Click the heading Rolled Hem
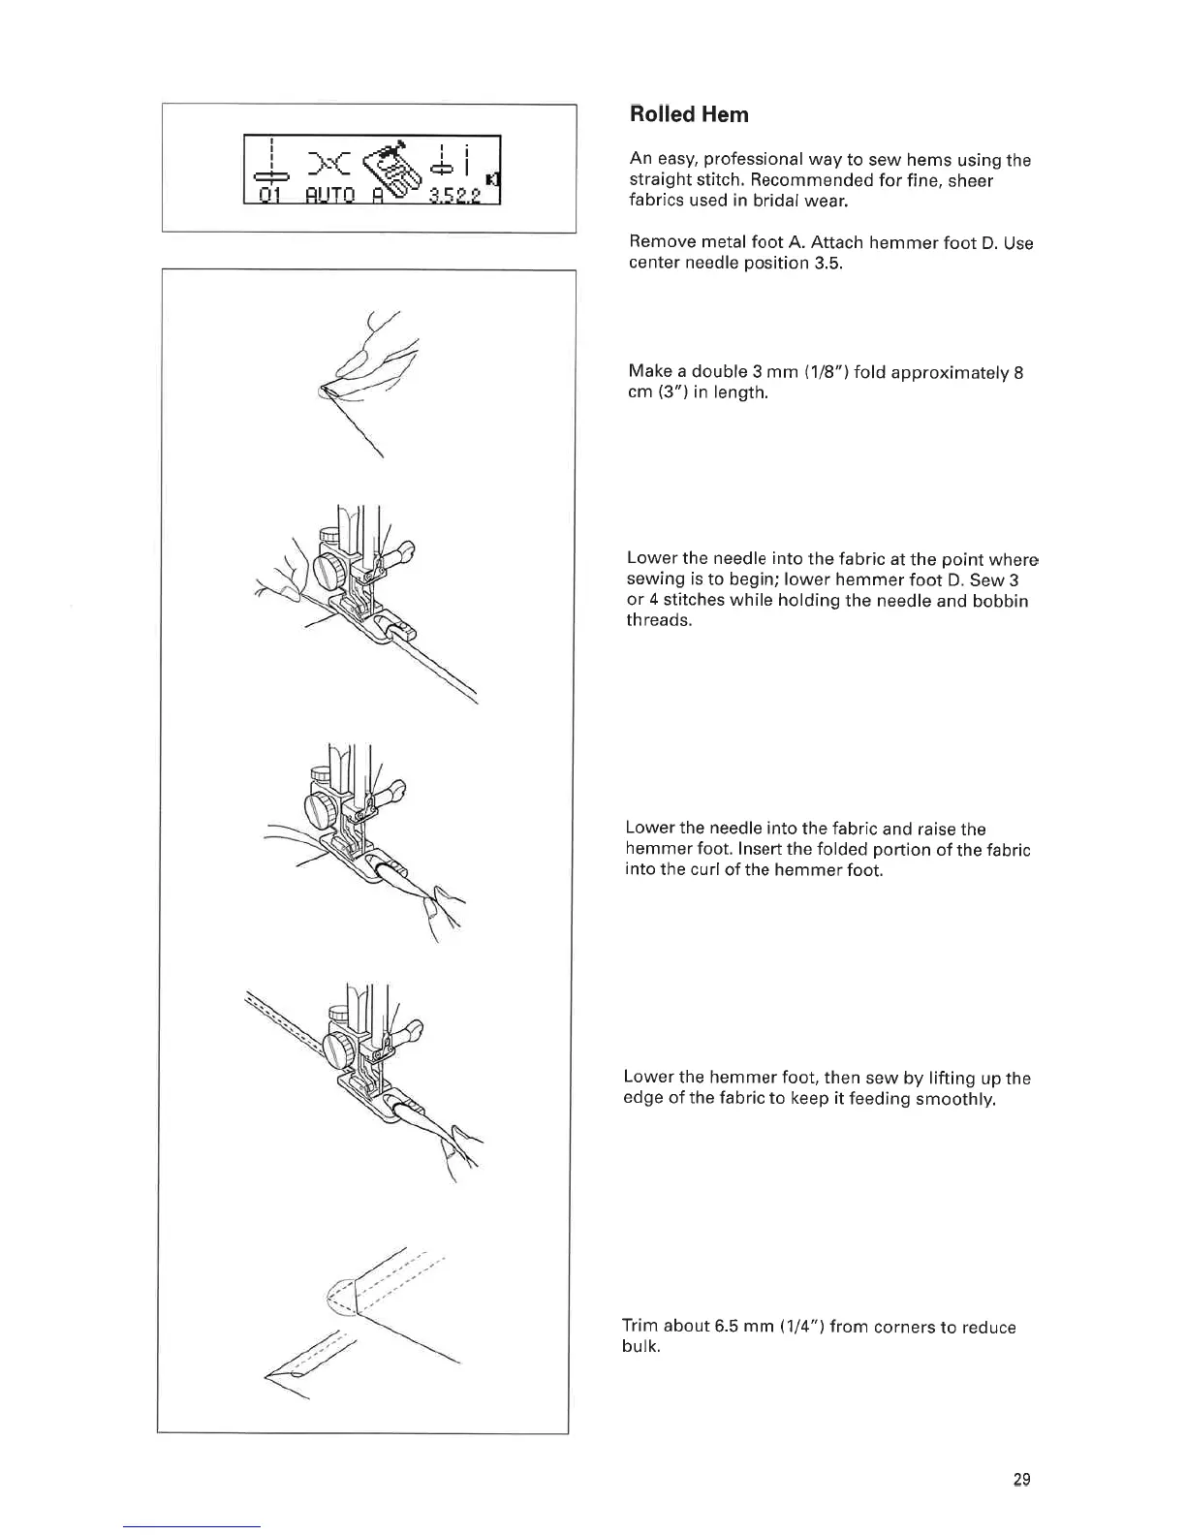689,114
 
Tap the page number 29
1021,1480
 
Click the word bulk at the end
640,1347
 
